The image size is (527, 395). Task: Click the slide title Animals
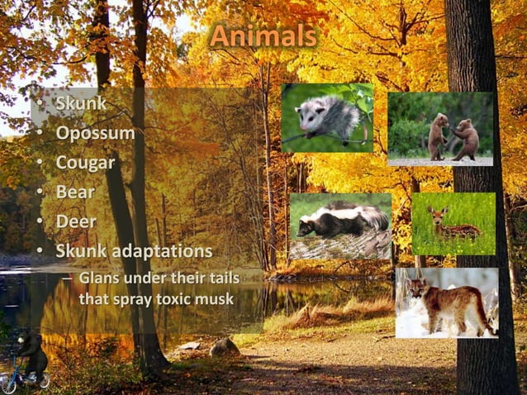pyautogui.click(x=263, y=36)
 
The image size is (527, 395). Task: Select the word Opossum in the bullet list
pyautogui.click(x=95, y=132)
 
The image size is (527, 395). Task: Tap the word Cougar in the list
pyautogui.click(x=85, y=162)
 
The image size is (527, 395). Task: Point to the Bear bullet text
pyautogui.click(x=75, y=192)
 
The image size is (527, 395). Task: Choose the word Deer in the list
pyautogui.click(x=76, y=221)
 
